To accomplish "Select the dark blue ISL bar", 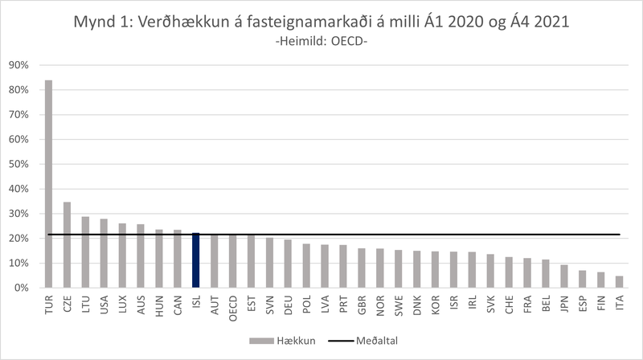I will point(196,260).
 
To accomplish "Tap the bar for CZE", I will point(68,244).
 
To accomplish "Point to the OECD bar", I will point(233,261).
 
